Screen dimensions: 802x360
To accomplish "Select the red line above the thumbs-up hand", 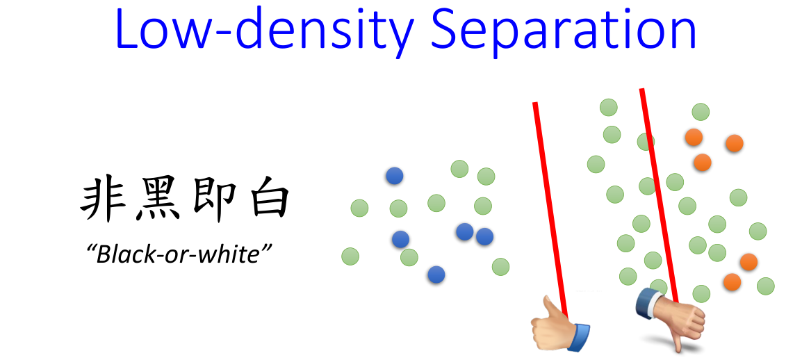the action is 550,210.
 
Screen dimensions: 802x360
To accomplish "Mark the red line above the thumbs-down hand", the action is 660,197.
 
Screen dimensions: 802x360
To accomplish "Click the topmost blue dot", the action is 394,176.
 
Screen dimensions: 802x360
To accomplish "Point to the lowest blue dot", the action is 436,275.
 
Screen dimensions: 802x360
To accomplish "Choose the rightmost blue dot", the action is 484,236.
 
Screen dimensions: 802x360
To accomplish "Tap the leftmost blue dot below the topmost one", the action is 400,239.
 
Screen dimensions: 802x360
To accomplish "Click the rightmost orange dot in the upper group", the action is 735,143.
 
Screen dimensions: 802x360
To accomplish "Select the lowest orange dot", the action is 733,281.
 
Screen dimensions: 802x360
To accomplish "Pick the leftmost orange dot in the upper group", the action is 694,137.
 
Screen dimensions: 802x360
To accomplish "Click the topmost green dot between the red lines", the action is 609,108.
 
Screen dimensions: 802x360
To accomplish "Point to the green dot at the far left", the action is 350,256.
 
